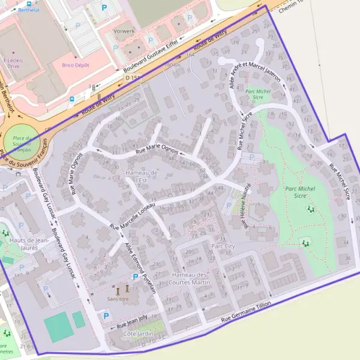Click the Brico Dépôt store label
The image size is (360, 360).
point(76,64)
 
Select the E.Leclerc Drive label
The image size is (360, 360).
point(13,63)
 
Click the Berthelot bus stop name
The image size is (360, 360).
point(29,10)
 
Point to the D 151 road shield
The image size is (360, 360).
point(132,77)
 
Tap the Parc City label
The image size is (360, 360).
point(224,246)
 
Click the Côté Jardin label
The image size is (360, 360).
point(136,333)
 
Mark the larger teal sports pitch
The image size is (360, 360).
point(57,327)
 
